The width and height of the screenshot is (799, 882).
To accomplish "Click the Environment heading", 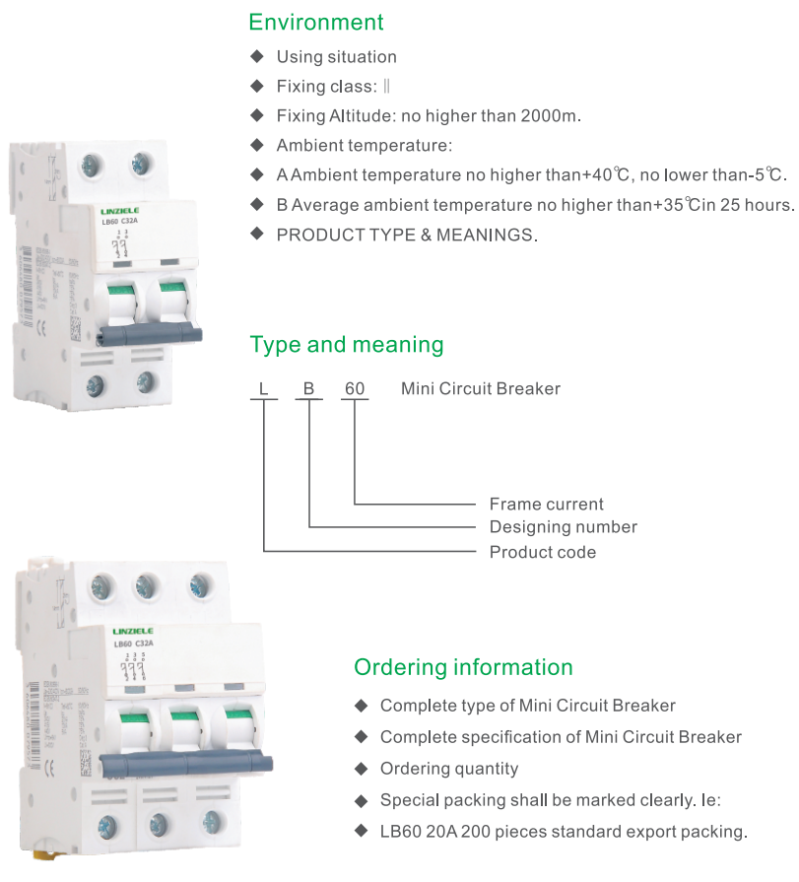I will pyautogui.click(x=316, y=22).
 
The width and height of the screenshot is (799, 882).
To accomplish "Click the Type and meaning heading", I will pyautogui.click(x=347, y=345).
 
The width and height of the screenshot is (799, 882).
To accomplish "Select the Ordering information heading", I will pyautogui.click(x=463, y=667).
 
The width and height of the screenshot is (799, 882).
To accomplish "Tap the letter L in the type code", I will pyautogui.click(x=263, y=389).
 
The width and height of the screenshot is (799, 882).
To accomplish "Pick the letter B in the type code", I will pyautogui.click(x=308, y=389).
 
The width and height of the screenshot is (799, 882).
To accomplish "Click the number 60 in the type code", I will pyautogui.click(x=354, y=389).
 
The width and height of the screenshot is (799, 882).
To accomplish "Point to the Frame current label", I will pyautogui.click(x=547, y=505).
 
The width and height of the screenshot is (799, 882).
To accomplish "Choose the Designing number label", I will pyautogui.click(x=564, y=527).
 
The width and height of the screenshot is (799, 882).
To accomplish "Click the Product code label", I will pyautogui.click(x=543, y=552).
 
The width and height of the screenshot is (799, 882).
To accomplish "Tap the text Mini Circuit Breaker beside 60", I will pyautogui.click(x=481, y=389).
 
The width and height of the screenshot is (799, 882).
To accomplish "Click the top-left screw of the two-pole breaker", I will pyautogui.click(x=96, y=164).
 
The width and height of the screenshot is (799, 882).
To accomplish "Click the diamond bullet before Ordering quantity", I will pyautogui.click(x=361, y=769).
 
